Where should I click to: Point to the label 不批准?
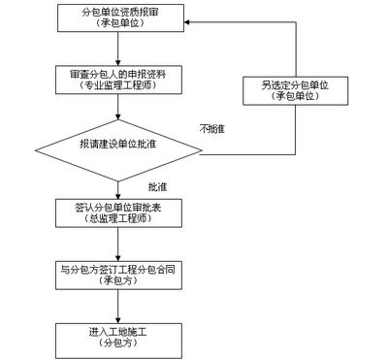[212, 130]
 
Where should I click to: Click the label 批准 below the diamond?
[157, 186]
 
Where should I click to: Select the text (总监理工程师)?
[115, 223]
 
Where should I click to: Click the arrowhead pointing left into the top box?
[180, 21]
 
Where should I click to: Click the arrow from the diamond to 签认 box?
[116, 189]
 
